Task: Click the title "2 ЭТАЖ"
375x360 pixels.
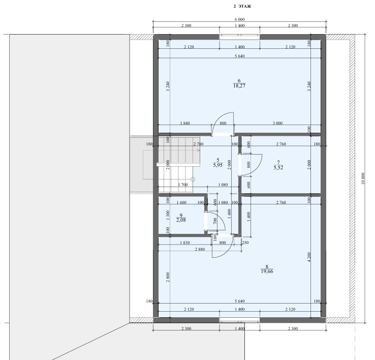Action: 242,7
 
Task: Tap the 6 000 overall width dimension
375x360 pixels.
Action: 240,19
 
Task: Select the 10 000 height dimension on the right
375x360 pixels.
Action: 363,178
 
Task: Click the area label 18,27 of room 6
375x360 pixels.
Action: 239,86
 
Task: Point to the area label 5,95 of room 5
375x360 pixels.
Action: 217,165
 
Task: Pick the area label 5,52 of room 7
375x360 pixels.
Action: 278,168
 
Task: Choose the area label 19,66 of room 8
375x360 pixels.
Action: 267,271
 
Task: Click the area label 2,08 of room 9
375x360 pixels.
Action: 181,220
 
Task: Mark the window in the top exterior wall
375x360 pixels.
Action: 240,37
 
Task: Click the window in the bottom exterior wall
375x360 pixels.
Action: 240,320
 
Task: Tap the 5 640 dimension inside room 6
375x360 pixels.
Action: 240,56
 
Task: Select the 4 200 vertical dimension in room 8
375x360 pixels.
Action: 309,257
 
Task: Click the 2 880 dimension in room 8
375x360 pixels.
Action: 200,249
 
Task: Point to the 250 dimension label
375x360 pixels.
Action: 245,243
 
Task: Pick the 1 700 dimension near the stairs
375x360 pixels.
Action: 183,185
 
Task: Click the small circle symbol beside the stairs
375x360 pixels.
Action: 193,179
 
